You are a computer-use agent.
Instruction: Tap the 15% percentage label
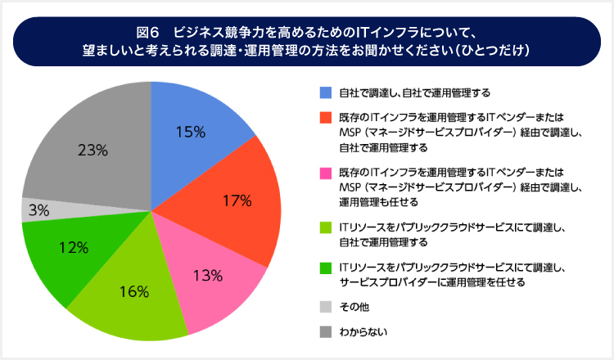point(190,131)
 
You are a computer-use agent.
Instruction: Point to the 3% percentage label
point(38,210)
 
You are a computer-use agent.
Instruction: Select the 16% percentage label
point(134,291)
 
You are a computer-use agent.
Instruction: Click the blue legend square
point(326,92)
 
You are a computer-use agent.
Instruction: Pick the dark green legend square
point(326,268)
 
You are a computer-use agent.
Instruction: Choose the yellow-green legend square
point(326,227)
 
